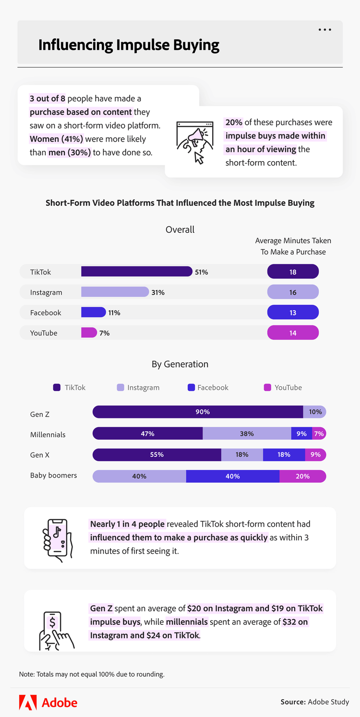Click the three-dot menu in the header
(x=325, y=30)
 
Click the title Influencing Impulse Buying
(x=129, y=45)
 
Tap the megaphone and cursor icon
(x=195, y=142)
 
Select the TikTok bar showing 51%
(x=137, y=272)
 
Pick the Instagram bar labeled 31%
(x=115, y=292)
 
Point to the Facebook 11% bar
(x=94, y=312)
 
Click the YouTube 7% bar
(x=89, y=333)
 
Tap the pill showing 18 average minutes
(x=293, y=272)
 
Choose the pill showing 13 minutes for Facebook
(x=293, y=312)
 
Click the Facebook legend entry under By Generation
(x=208, y=387)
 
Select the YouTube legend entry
(x=283, y=387)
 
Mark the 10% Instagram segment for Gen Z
(x=315, y=412)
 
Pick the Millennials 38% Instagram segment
(x=247, y=433)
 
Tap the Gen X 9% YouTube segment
(x=315, y=454)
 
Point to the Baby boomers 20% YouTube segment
(x=302, y=476)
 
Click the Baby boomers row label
(x=53, y=475)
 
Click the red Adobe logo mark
(x=28, y=703)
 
